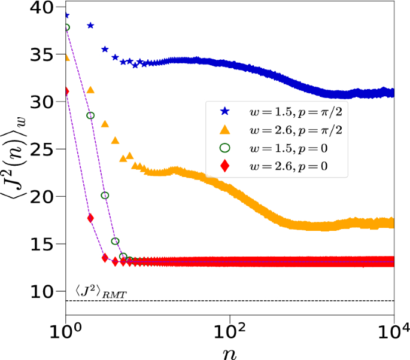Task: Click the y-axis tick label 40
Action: [45, 8]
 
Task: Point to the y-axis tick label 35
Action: [45, 55]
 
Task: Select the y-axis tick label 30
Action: [45, 102]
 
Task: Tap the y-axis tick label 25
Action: [45, 150]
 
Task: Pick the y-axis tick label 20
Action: [45, 197]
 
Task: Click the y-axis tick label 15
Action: [45, 244]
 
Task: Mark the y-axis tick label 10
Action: [45, 291]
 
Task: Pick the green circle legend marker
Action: [224, 147]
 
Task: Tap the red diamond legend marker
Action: [224, 165]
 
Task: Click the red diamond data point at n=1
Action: [65, 91]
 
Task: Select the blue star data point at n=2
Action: [90, 25]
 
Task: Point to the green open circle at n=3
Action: [105, 196]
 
